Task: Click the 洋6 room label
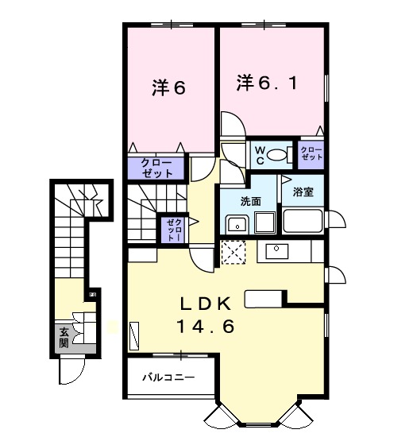coord(168,87)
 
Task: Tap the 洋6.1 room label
coord(267,83)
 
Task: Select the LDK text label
coord(206,304)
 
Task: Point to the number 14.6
coord(206,327)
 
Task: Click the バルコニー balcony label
coord(168,377)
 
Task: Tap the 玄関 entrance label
coord(64,338)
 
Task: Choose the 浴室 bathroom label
coord(303,192)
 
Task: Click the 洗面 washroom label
coord(251,201)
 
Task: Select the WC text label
coord(261,155)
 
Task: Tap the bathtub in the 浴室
coord(303,221)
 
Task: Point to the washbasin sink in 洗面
coord(237,224)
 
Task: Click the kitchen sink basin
coord(277,251)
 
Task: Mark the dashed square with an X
coord(234,253)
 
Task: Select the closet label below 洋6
coord(157,168)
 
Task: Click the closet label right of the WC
coord(311,153)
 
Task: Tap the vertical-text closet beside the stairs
coord(174,229)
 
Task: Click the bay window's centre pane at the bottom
coord(258,424)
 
